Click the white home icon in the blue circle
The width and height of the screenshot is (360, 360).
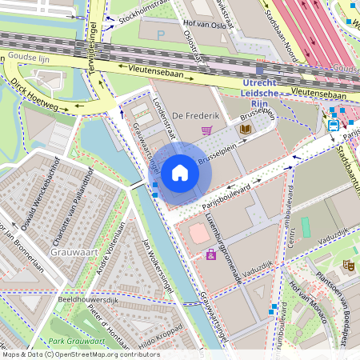180,173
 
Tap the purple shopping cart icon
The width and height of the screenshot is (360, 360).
206,130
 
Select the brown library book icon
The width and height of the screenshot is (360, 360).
246,128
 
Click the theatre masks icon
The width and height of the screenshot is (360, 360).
349,263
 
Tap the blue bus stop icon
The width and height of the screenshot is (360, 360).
333,124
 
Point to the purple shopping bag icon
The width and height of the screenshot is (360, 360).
210,255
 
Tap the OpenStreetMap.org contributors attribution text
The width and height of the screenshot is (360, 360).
104,354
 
